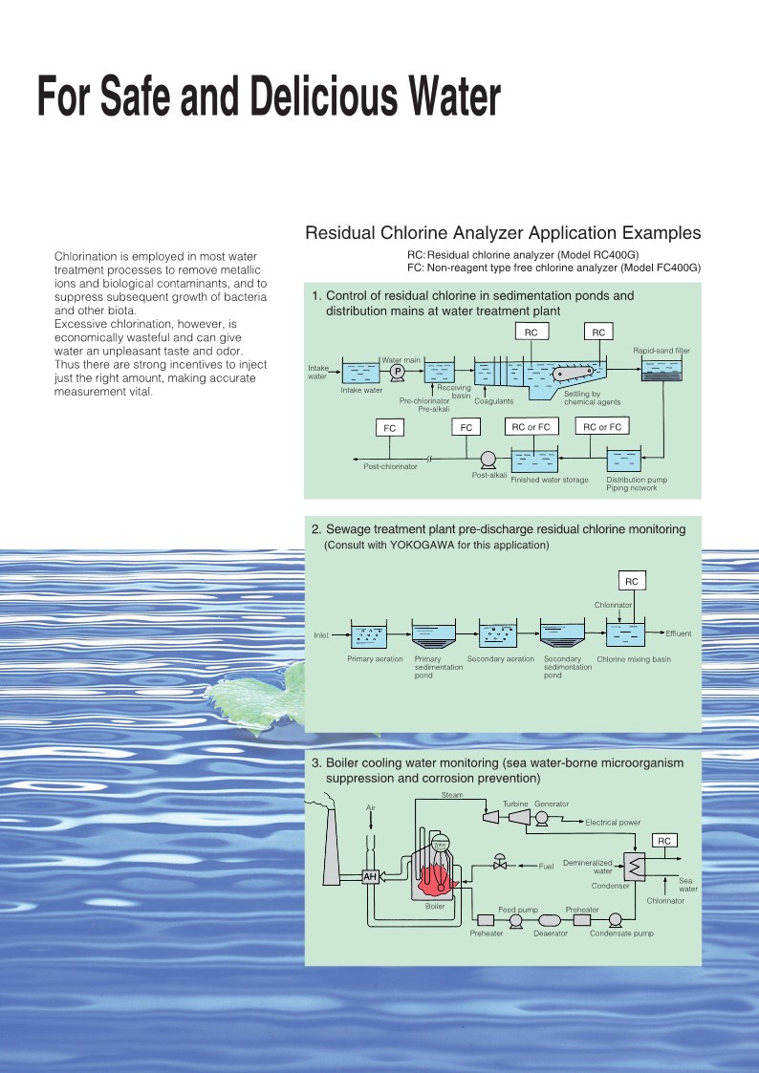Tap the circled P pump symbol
tap(398, 371)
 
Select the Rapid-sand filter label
tap(661, 351)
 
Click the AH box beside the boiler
tap(370, 876)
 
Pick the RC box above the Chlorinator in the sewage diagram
tap(632, 581)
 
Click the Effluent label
tap(679, 633)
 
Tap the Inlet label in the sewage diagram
tap(321, 635)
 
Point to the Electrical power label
tap(613, 823)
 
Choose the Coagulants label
tap(493, 401)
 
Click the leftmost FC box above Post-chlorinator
tap(389, 428)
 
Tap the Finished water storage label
tap(550, 480)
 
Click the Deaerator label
tap(551, 934)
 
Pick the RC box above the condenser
tap(663, 841)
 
